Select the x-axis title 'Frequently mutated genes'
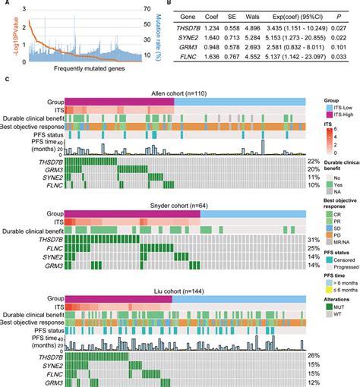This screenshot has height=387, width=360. click(x=74, y=71)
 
